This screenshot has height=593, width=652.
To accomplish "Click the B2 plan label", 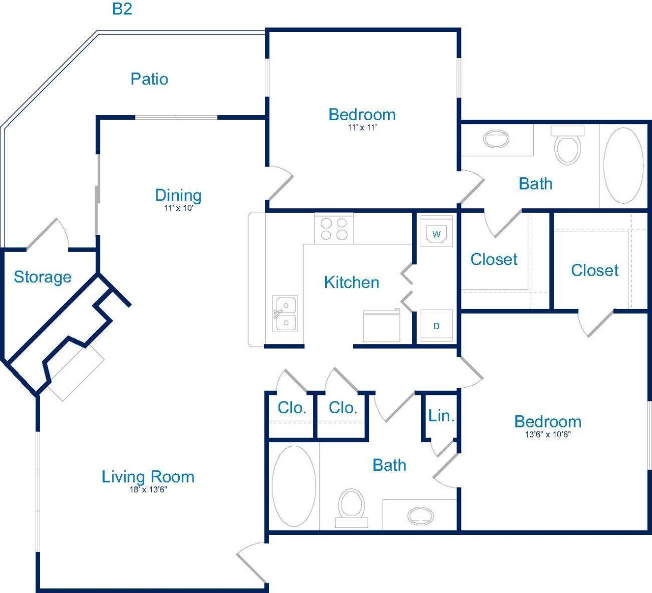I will [122, 9].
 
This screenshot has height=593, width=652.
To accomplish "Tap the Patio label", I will [149, 79].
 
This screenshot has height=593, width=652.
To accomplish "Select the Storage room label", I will [42, 277].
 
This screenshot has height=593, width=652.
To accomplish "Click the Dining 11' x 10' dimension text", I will [179, 208].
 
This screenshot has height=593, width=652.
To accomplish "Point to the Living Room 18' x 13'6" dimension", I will [148, 490].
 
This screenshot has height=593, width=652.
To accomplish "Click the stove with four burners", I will [334, 229].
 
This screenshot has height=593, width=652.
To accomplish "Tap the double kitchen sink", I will [285, 314].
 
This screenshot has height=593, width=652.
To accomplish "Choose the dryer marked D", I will [436, 326].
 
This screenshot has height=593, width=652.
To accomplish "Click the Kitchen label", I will [351, 283].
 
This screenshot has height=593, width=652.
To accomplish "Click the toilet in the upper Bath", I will [567, 147].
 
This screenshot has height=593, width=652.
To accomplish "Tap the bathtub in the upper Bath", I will [623, 165].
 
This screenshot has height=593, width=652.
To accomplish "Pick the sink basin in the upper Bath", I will [496, 139].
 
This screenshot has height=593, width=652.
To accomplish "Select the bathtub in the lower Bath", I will [294, 486].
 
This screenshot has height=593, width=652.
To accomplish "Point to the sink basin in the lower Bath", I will [421, 516].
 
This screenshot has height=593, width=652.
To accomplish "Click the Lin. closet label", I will [441, 416].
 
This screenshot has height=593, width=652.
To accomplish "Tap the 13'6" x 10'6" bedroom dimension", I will [548, 435].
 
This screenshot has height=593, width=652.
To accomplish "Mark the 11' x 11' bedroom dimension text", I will [362, 127].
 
